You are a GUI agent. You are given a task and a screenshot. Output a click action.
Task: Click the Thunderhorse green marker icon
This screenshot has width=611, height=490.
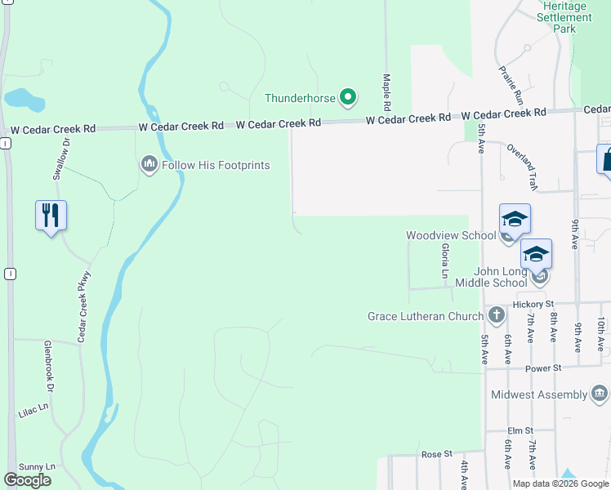tap(347, 98)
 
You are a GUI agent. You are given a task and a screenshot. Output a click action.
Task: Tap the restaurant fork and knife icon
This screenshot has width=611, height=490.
tap(51, 216)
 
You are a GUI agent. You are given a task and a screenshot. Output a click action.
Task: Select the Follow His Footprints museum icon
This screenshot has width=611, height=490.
tap(149, 165)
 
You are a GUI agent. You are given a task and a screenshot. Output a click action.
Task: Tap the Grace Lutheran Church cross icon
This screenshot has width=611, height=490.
tap(496, 315)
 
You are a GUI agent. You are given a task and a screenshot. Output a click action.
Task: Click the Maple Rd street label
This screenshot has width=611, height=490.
tap(386, 92)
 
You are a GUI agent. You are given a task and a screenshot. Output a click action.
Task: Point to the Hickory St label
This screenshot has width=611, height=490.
tap(534, 305)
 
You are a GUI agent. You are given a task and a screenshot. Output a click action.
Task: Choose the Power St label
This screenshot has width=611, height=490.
tap(544, 368)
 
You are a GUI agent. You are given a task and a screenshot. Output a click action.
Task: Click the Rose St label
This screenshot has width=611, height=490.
tap(436, 453)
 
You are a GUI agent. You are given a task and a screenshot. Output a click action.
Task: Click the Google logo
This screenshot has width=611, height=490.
tap(27, 480)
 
